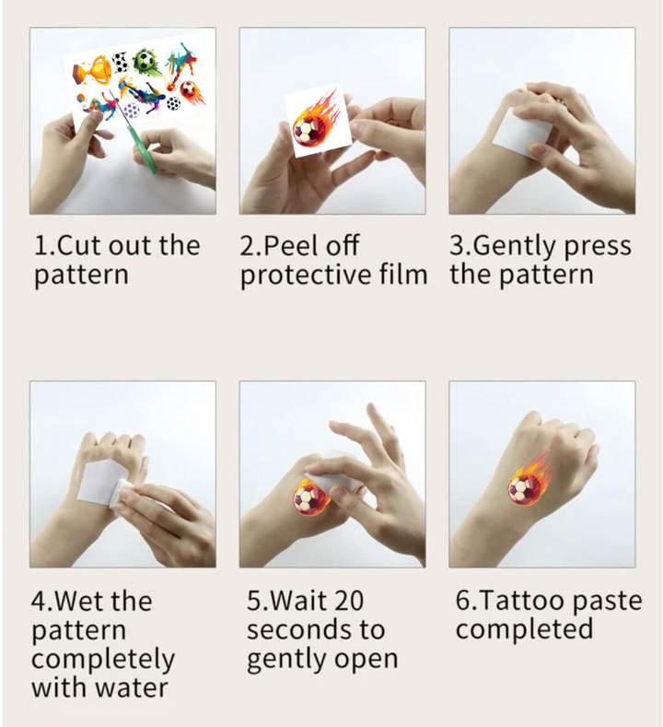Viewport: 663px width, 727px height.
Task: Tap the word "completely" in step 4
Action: coord(103,660)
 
